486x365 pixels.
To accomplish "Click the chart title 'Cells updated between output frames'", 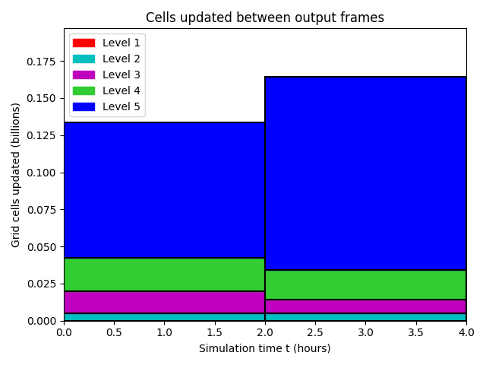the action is pos(265,17).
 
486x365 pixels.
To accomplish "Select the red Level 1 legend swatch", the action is pos(84,43).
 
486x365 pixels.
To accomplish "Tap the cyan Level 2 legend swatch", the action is pos(84,59).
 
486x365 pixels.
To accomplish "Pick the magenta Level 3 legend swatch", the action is pos(84,75).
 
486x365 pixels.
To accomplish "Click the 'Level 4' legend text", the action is pos(121,90).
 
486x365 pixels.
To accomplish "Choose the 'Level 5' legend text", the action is pos(121,106).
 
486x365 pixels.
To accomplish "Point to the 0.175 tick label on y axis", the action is pos(41,62).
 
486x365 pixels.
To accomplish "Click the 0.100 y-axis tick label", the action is pos(41,173).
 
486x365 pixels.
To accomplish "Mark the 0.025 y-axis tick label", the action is pos(41,284).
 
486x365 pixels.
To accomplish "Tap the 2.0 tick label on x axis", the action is pos(265,332).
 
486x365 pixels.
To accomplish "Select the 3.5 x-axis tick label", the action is pos(415,332).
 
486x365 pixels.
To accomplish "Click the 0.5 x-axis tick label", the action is pos(115,332).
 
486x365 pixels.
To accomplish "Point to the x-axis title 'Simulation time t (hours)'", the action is pos(265,348).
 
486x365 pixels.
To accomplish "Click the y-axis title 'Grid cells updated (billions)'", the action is pos(15,176).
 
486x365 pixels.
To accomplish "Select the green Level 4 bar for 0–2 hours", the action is pos(164,275).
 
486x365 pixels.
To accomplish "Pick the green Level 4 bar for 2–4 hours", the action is pos(366,285).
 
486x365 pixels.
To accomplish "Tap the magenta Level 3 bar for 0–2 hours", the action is pos(164,303).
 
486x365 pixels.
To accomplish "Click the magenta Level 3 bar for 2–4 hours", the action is pos(366,306).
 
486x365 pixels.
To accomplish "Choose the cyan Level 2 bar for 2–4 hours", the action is pos(366,317).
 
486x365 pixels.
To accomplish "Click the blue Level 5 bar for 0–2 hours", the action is pos(164,190).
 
